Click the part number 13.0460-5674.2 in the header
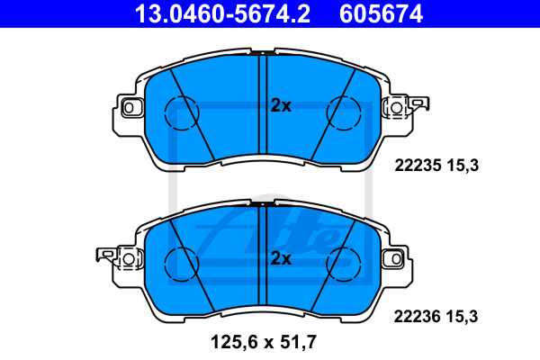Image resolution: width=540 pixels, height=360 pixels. coord(222,13)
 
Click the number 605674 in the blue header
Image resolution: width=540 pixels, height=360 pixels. coord(381,13)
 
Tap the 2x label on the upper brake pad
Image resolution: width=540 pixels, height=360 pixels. coord(281,106)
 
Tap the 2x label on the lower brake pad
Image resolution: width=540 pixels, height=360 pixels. coord(281,258)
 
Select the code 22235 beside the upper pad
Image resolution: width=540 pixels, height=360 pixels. coord(418,166)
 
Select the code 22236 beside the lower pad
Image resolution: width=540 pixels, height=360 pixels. coord(417,316)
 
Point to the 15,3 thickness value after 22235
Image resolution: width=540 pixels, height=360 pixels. coord(463,166)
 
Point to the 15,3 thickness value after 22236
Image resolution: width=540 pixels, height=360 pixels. coord(463,317)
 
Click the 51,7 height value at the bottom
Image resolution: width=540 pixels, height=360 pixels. coord(298,342)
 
